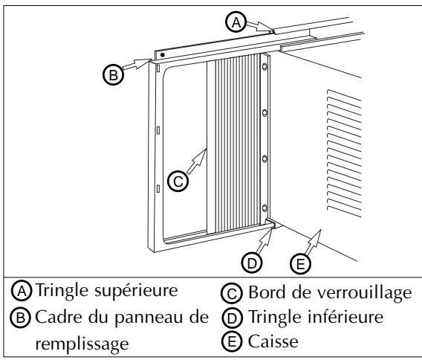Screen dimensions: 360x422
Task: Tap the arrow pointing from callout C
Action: [x=196, y=159]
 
